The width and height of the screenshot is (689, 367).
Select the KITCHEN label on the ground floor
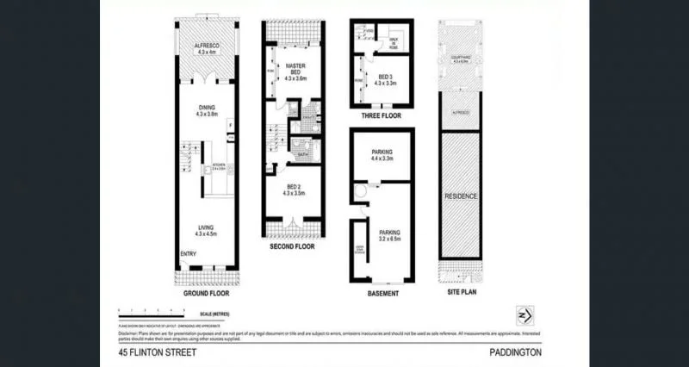pyautogui.click(x=219, y=167)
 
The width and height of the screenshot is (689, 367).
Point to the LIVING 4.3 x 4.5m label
pyautogui.click(x=204, y=230)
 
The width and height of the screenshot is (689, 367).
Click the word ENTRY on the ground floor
pyautogui.click(x=188, y=253)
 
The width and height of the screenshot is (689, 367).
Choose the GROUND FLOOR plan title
pyautogui.click(x=204, y=293)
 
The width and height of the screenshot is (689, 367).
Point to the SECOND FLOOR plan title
pyautogui.click(x=292, y=247)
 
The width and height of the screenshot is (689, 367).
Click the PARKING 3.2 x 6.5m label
pyautogui.click(x=392, y=234)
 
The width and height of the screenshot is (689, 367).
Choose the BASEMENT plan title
pyautogui.click(x=383, y=293)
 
